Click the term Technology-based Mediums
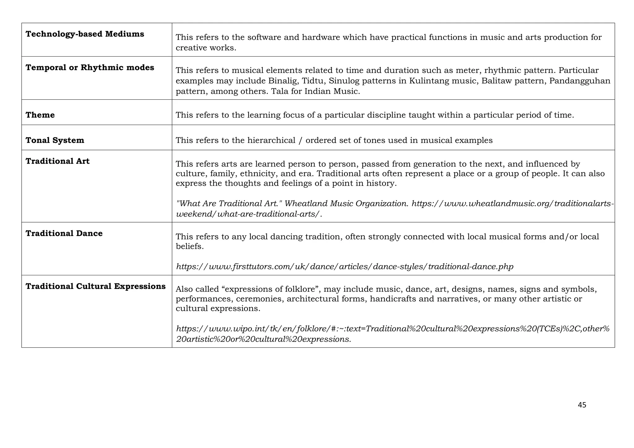[x=85, y=34]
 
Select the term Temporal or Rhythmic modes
[x=89, y=67]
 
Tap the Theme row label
[x=40, y=115]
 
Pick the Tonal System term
[x=54, y=140]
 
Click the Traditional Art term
[x=57, y=161]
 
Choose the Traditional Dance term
[x=64, y=233]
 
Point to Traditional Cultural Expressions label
[x=95, y=286]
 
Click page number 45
[x=582, y=405]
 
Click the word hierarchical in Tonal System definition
[x=271, y=140]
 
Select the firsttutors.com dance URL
[x=345, y=267]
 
